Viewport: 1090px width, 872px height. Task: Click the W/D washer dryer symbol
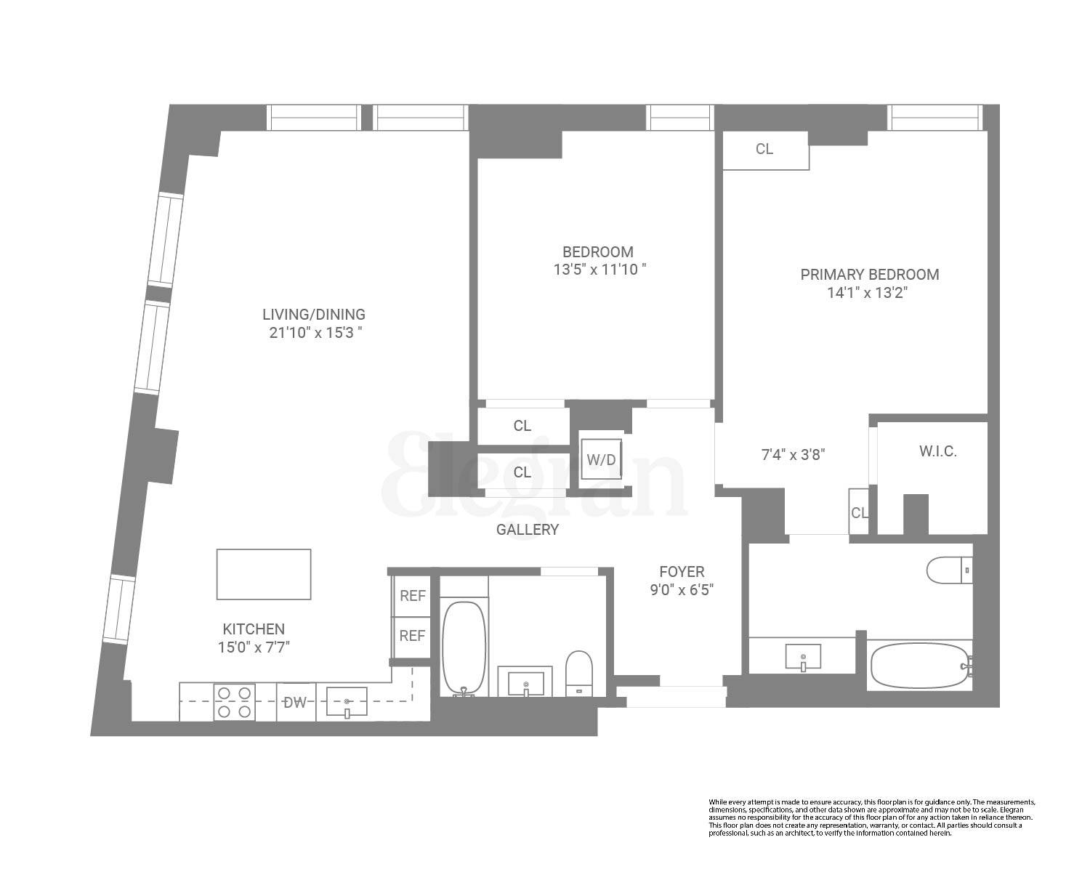pos(601,460)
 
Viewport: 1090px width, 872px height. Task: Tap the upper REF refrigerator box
pos(412,596)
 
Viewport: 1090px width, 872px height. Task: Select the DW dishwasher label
pos(295,702)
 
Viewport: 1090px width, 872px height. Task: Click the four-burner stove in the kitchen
pos(234,702)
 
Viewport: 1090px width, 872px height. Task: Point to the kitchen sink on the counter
pos(347,702)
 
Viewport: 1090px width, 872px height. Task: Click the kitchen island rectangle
pos(264,574)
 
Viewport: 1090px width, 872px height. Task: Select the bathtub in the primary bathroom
pos(919,665)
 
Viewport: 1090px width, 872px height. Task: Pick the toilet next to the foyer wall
pos(579,673)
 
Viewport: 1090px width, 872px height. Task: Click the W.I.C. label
pos(937,451)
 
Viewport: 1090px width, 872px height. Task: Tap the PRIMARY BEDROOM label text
pos(869,275)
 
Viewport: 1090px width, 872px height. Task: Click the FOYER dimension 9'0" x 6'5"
pos(682,590)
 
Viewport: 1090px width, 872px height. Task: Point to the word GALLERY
pos(528,530)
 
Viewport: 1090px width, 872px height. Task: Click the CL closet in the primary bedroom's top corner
pos(764,150)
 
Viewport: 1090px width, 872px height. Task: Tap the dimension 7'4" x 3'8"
pos(793,456)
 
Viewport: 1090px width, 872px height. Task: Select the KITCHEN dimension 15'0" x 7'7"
pos(254,647)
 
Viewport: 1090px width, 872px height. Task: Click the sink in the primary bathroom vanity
pos(803,658)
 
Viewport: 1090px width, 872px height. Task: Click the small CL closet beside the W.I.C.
pos(859,512)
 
